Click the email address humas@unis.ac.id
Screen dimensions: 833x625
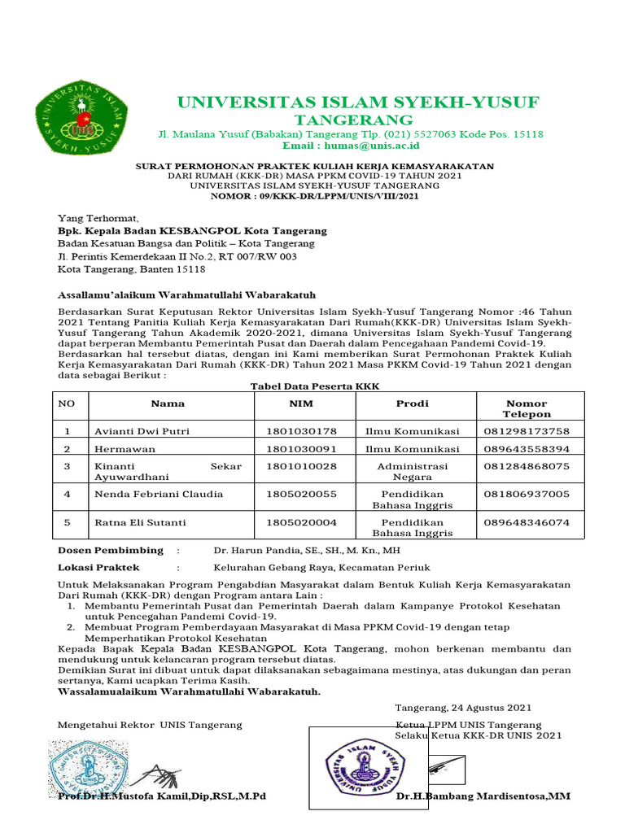click(x=351, y=146)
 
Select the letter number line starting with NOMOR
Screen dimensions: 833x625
click(x=315, y=196)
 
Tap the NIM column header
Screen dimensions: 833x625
click(x=301, y=403)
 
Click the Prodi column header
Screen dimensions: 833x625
click(x=412, y=403)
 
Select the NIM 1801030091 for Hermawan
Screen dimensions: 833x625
click(x=301, y=449)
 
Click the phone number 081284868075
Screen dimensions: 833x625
click(x=527, y=466)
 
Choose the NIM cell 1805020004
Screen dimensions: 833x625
click(x=301, y=522)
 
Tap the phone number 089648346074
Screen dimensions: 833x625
click(x=527, y=522)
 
